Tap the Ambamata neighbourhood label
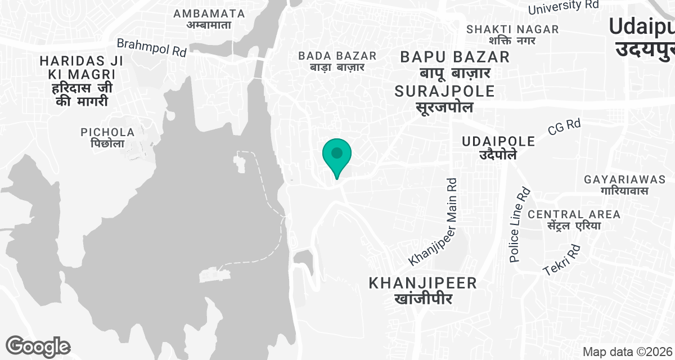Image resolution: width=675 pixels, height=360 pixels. [209, 19]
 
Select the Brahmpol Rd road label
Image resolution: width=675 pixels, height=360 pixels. [151, 47]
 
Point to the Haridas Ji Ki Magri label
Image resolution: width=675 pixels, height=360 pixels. [78, 80]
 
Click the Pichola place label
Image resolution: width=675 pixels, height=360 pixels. [107, 138]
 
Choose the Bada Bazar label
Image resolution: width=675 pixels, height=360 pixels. [337, 61]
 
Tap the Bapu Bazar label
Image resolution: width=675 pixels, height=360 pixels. [455, 64]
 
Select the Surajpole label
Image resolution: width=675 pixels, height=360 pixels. [444, 98]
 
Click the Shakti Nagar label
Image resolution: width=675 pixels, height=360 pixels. [512, 34]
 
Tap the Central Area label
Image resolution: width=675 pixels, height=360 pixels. [574, 219]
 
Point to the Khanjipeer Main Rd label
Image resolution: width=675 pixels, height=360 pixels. [434, 223]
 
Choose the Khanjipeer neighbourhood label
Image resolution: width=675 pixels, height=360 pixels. [423, 290]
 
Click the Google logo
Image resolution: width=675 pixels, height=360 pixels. [38, 346]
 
